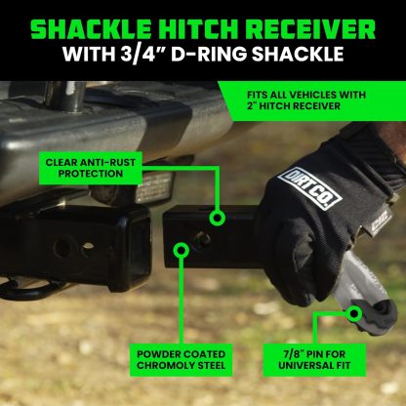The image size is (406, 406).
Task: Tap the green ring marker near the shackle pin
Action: coord(352,313)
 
